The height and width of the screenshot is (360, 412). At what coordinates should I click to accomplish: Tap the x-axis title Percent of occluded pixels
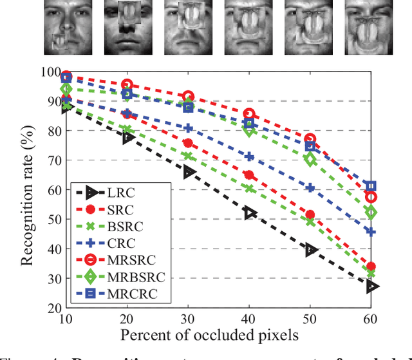coord(218,335)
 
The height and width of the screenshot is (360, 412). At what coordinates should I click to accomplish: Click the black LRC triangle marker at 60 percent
coord(371,287)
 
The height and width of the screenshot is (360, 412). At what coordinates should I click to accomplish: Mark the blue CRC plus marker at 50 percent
coord(310,187)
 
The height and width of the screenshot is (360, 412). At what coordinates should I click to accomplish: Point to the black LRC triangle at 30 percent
coord(188,172)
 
